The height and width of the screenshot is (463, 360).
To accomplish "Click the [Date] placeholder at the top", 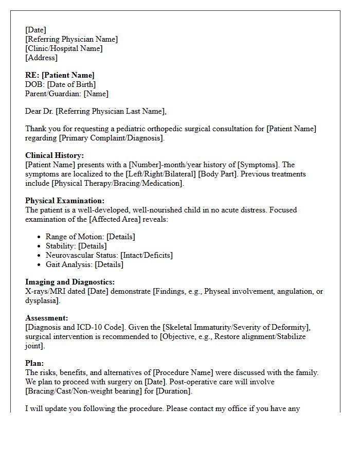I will click(x=35, y=30).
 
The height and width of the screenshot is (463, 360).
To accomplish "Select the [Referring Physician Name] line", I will click(x=71, y=39).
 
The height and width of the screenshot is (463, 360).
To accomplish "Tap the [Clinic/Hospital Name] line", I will click(x=64, y=48).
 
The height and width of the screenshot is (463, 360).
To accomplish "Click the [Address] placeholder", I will click(x=41, y=58).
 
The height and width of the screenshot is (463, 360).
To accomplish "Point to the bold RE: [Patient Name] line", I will click(x=60, y=75).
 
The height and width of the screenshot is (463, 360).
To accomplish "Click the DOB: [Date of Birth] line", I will click(x=60, y=84).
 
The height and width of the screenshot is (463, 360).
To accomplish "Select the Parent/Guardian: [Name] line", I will click(x=67, y=94).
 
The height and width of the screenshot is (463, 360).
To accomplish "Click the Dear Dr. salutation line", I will click(x=96, y=111).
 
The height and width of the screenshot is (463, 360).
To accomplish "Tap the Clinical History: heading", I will click(x=55, y=155).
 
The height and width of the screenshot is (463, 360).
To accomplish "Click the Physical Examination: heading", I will click(x=65, y=201).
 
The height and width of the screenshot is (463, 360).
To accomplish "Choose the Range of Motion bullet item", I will click(x=90, y=237).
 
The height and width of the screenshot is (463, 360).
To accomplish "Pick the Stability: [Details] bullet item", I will click(x=76, y=246).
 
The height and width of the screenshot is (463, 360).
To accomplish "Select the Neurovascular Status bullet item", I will click(x=109, y=255).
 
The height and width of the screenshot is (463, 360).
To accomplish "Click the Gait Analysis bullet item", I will click(x=84, y=264).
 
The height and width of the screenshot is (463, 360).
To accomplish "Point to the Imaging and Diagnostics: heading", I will click(x=70, y=282).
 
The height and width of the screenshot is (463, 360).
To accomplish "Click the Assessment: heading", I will click(x=47, y=318).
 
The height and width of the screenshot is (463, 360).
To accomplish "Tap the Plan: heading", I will click(x=34, y=363).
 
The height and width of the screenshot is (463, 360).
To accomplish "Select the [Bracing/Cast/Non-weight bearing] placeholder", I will click(x=82, y=391).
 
